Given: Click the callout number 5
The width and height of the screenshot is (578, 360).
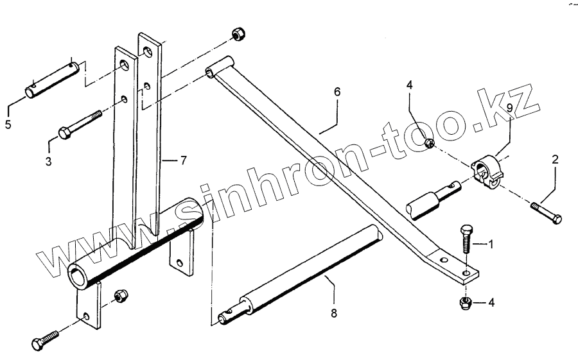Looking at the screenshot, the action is click(8, 124).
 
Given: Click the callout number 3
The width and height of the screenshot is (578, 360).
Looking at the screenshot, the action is click(49, 162).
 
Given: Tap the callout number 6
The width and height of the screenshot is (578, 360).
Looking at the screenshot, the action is click(337, 92).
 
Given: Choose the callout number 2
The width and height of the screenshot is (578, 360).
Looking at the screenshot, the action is click(556, 158).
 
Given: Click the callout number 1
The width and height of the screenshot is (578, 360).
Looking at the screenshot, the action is click(491, 244).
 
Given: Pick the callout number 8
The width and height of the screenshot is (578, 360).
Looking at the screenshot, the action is click(334, 314).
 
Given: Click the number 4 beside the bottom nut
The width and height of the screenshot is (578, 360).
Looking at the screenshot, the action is click(491, 302).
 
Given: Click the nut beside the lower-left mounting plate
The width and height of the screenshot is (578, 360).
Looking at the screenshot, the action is click(119, 296).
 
